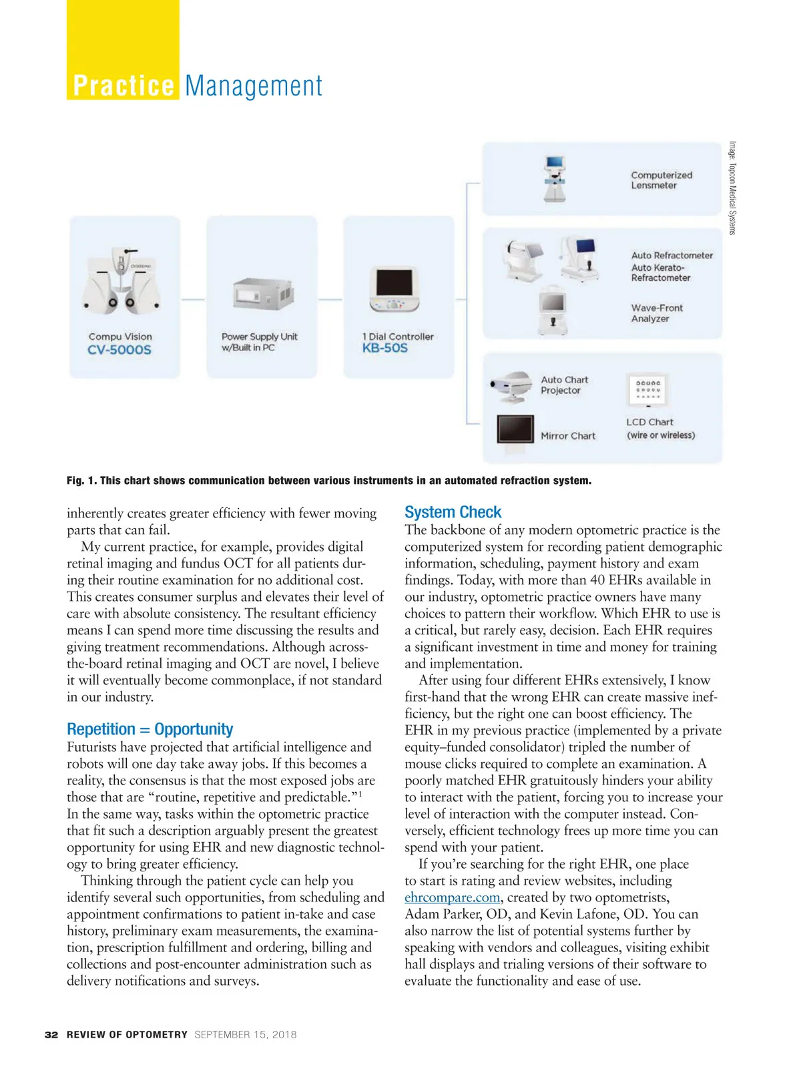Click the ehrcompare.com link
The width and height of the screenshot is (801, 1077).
coord(451,897)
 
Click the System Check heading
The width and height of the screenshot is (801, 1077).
coord(453,512)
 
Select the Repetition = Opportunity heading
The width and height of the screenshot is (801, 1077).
coord(150,729)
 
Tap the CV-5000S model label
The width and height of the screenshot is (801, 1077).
coord(119,350)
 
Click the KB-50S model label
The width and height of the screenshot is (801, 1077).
coord(384,348)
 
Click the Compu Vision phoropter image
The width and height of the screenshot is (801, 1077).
coord(121,280)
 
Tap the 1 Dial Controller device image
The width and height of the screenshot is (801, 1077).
coord(395,290)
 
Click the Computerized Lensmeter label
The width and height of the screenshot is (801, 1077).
coord(661,180)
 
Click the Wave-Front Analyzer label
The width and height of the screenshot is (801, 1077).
coord(657,313)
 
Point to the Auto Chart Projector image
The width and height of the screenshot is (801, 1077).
coord(511,387)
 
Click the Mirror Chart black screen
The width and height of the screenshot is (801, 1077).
coord(515,429)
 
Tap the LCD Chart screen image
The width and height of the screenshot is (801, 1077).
coord(647,390)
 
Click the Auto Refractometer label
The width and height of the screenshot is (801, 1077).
coord(672,255)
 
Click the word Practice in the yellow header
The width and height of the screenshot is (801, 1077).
coord(123,86)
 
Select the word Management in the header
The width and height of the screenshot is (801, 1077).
coord(254,86)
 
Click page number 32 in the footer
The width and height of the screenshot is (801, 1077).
coord(51,1034)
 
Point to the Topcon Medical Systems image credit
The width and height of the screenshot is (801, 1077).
coord(732,188)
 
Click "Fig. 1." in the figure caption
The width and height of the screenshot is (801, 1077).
coord(81,481)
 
